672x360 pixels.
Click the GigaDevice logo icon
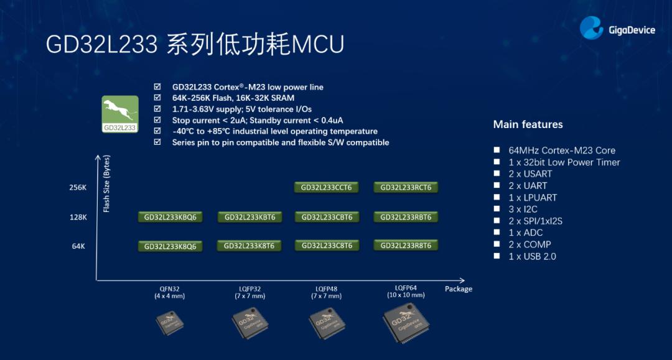(x=592, y=29)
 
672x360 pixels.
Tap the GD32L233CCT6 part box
(x=327, y=187)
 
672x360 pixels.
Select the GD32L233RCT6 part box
(x=406, y=187)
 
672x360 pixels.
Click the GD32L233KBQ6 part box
(x=170, y=217)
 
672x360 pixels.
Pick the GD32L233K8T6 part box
(x=249, y=246)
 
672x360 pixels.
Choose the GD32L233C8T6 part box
(x=327, y=246)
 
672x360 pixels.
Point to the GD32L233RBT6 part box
(x=406, y=217)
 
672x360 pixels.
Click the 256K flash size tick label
(x=78, y=187)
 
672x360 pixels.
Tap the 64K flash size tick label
(x=78, y=246)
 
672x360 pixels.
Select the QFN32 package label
(x=170, y=289)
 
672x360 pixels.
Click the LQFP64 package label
(x=406, y=288)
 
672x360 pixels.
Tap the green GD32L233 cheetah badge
(x=119, y=114)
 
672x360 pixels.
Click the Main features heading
(x=528, y=124)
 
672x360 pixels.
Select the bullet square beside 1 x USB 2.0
(x=497, y=256)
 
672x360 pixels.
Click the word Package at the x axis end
(x=459, y=289)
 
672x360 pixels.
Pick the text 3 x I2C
(x=523, y=209)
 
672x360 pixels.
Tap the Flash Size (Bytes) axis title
(x=106, y=183)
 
